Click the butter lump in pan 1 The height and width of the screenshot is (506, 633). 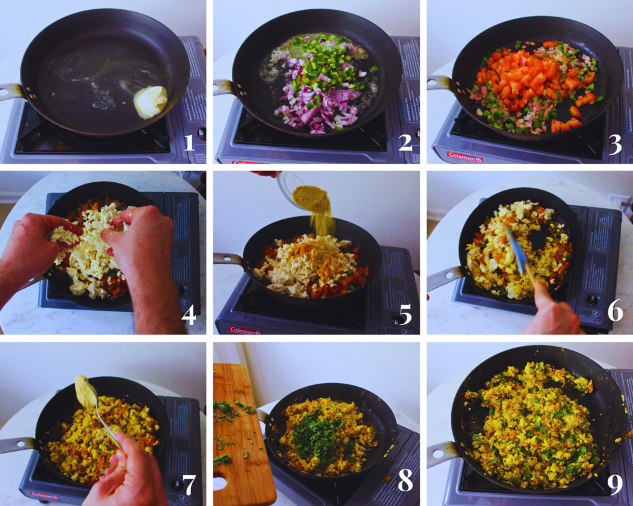pos(150,101)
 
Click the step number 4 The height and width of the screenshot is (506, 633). pos(189,314)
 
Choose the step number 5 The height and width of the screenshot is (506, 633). pos(405,314)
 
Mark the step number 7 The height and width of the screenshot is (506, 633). pos(189,486)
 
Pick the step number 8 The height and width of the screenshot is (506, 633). pos(405,482)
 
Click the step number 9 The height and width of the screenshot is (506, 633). pos(614,484)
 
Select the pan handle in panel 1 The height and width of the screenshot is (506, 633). pos(12,91)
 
